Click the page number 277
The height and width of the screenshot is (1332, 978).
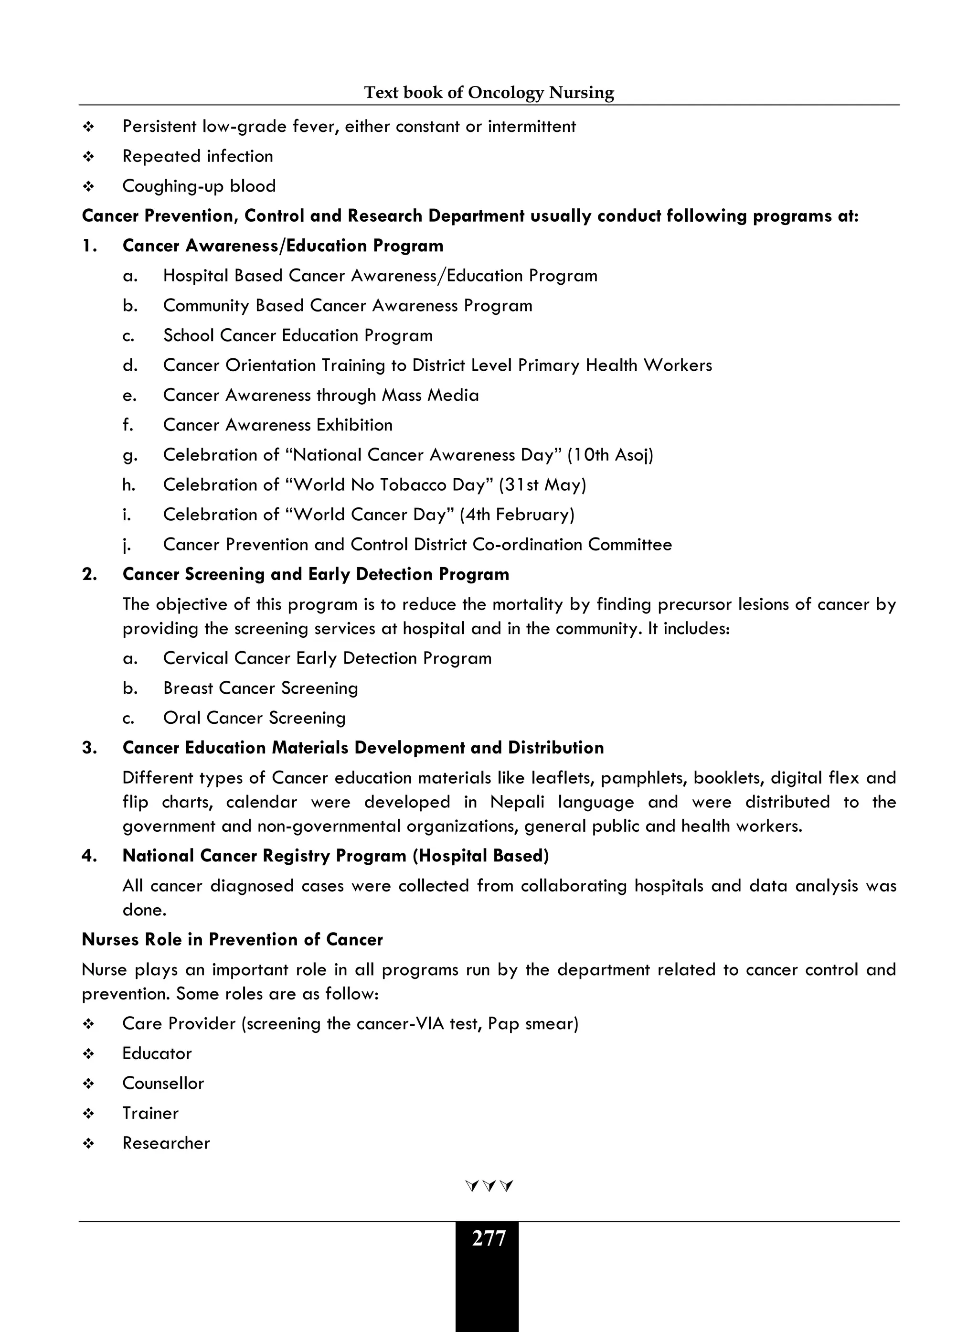pos(489,1238)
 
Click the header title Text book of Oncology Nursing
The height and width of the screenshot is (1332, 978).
pos(489,92)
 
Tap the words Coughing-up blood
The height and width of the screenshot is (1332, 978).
pos(199,186)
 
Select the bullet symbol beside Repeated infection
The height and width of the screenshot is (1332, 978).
pos(89,157)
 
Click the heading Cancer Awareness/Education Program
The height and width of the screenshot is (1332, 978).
pos(282,246)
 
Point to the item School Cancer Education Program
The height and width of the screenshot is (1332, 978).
pos(298,335)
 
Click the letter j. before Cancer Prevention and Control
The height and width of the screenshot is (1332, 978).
pos(127,545)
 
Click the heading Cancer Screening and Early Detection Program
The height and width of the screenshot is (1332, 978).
pos(316,574)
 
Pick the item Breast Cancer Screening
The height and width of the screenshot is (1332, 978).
pos(260,688)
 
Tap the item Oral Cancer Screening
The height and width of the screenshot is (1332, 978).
pos(254,718)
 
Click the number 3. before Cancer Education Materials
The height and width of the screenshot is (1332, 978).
pos(89,748)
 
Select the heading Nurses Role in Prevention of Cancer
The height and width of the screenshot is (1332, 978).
pos(232,939)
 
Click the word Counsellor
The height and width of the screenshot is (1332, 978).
pos(163,1083)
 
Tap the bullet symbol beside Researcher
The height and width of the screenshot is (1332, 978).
pos(89,1144)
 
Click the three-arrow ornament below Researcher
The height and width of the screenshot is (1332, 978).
pos(489,1186)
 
